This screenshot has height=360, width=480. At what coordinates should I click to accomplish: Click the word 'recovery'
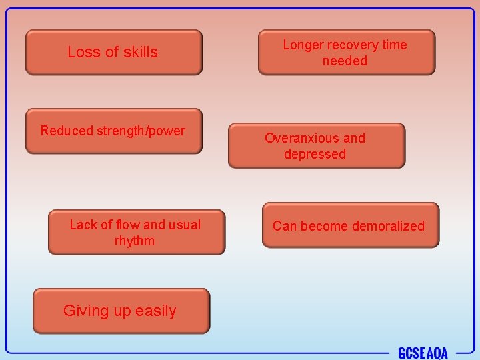pos(354,45)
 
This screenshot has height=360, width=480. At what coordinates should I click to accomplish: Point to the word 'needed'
pos(345,61)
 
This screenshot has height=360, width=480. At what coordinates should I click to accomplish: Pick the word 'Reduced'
pos(67,131)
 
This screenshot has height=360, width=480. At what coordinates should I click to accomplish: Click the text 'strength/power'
pos(141,131)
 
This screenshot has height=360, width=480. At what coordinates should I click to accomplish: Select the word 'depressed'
pos(315,154)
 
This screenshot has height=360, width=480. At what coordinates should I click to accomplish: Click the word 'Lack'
pos(83,225)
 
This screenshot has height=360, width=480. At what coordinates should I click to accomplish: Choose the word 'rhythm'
pos(134,241)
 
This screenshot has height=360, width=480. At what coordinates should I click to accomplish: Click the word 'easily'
pos(155,311)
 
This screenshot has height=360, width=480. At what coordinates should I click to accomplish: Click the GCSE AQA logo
pos(423,353)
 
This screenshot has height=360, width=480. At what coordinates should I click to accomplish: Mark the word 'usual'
pos(185,225)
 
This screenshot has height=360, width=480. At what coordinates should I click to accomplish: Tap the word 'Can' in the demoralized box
pos(284,226)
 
